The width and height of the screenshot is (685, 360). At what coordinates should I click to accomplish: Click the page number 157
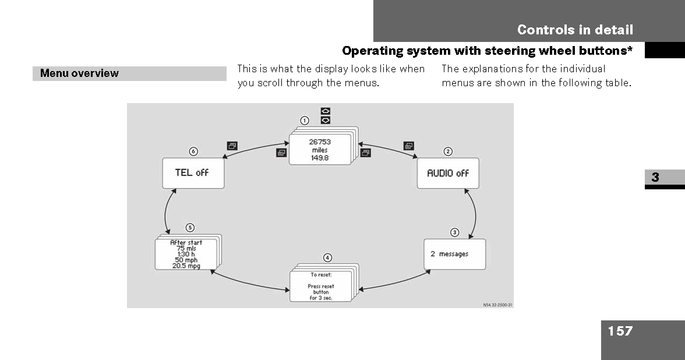[620, 331]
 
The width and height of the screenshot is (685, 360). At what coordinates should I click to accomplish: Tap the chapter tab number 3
[655, 177]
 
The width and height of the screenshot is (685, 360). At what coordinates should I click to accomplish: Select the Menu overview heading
[79, 73]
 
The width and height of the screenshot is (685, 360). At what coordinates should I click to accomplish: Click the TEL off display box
[193, 173]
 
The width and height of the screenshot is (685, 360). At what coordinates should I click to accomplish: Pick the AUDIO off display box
[448, 173]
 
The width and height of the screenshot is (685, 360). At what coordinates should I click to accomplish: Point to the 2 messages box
[454, 254]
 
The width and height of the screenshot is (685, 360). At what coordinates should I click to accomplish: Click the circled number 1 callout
[305, 121]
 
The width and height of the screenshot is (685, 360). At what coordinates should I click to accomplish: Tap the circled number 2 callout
[448, 151]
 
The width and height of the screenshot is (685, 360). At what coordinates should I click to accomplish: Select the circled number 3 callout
[455, 232]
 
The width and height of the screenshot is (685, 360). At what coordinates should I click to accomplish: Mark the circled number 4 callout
[327, 257]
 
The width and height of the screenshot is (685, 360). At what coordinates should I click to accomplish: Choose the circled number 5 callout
[190, 228]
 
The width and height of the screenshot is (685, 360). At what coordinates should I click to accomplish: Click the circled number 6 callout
[193, 151]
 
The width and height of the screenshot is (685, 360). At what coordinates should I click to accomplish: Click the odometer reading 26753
[320, 142]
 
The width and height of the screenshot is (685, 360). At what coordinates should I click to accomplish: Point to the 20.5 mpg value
[186, 266]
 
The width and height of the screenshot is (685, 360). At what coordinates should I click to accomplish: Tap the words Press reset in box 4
[320, 286]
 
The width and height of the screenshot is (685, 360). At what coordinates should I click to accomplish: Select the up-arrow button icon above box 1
[326, 111]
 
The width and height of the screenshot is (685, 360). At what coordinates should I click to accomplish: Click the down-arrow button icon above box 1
[326, 120]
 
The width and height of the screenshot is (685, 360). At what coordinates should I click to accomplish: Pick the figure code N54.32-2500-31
[497, 305]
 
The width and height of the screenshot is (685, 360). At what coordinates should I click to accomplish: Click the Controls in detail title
[575, 30]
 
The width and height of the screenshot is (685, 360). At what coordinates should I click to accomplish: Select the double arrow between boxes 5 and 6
[165, 212]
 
